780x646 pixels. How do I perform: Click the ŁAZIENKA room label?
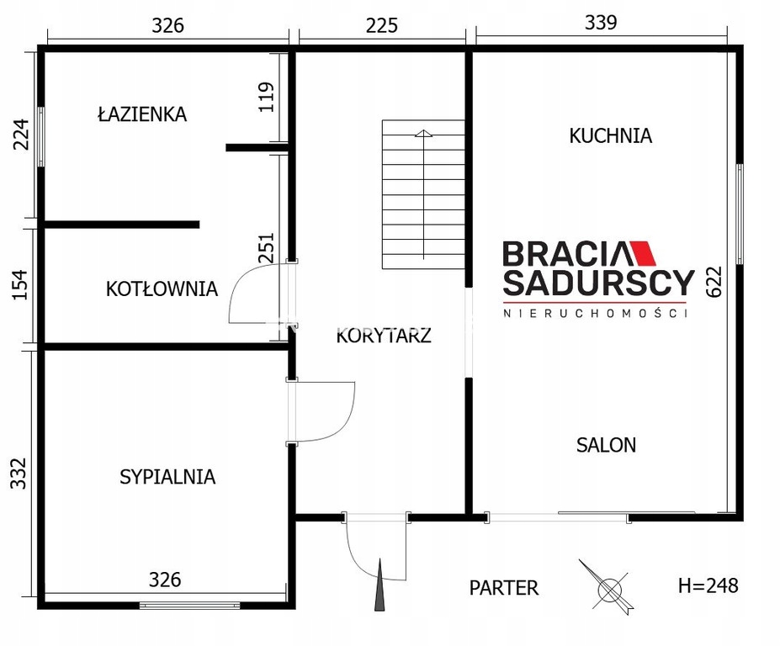tap(142, 114)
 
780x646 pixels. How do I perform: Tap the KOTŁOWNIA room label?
tap(162, 289)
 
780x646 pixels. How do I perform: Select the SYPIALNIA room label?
tap(167, 477)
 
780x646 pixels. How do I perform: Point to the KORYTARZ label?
tap(384, 336)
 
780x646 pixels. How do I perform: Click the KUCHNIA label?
tap(610, 135)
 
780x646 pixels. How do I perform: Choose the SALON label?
tap(607, 445)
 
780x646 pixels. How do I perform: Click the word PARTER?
tap(504, 588)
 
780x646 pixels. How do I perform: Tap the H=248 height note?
tap(708, 585)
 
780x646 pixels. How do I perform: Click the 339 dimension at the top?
tap(601, 23)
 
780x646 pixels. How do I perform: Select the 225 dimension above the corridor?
tap(382, 25)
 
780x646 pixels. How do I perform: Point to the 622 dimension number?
tap(714, 282)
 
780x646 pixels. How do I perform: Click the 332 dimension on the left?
tap(19, 474)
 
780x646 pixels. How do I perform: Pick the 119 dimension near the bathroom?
tap(267, 97)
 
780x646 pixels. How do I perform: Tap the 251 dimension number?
tap(267, 247)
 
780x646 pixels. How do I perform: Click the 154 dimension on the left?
tap(20, 284)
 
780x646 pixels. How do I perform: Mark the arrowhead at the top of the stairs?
tap(423, 133)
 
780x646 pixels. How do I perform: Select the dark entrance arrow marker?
tap(379, 585)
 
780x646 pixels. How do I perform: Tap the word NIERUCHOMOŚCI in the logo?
tap(596, 313)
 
